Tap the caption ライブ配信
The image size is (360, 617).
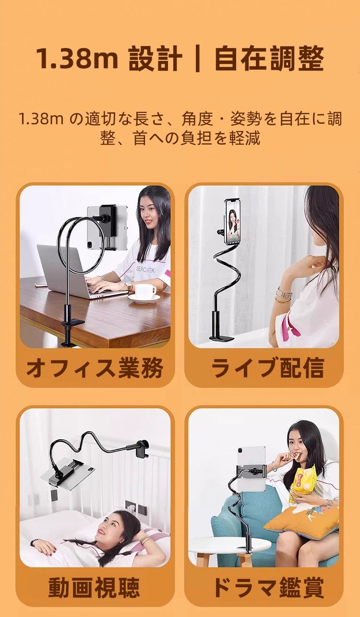(x=267, y=368)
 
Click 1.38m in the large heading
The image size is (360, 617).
(x=77, y=59)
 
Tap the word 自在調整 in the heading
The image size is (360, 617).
(x=269, y=59)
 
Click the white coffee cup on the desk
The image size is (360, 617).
(x=144, y=292)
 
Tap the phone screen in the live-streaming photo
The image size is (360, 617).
(x=232, y=222)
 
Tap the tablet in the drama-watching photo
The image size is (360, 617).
(x=252, y=468)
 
